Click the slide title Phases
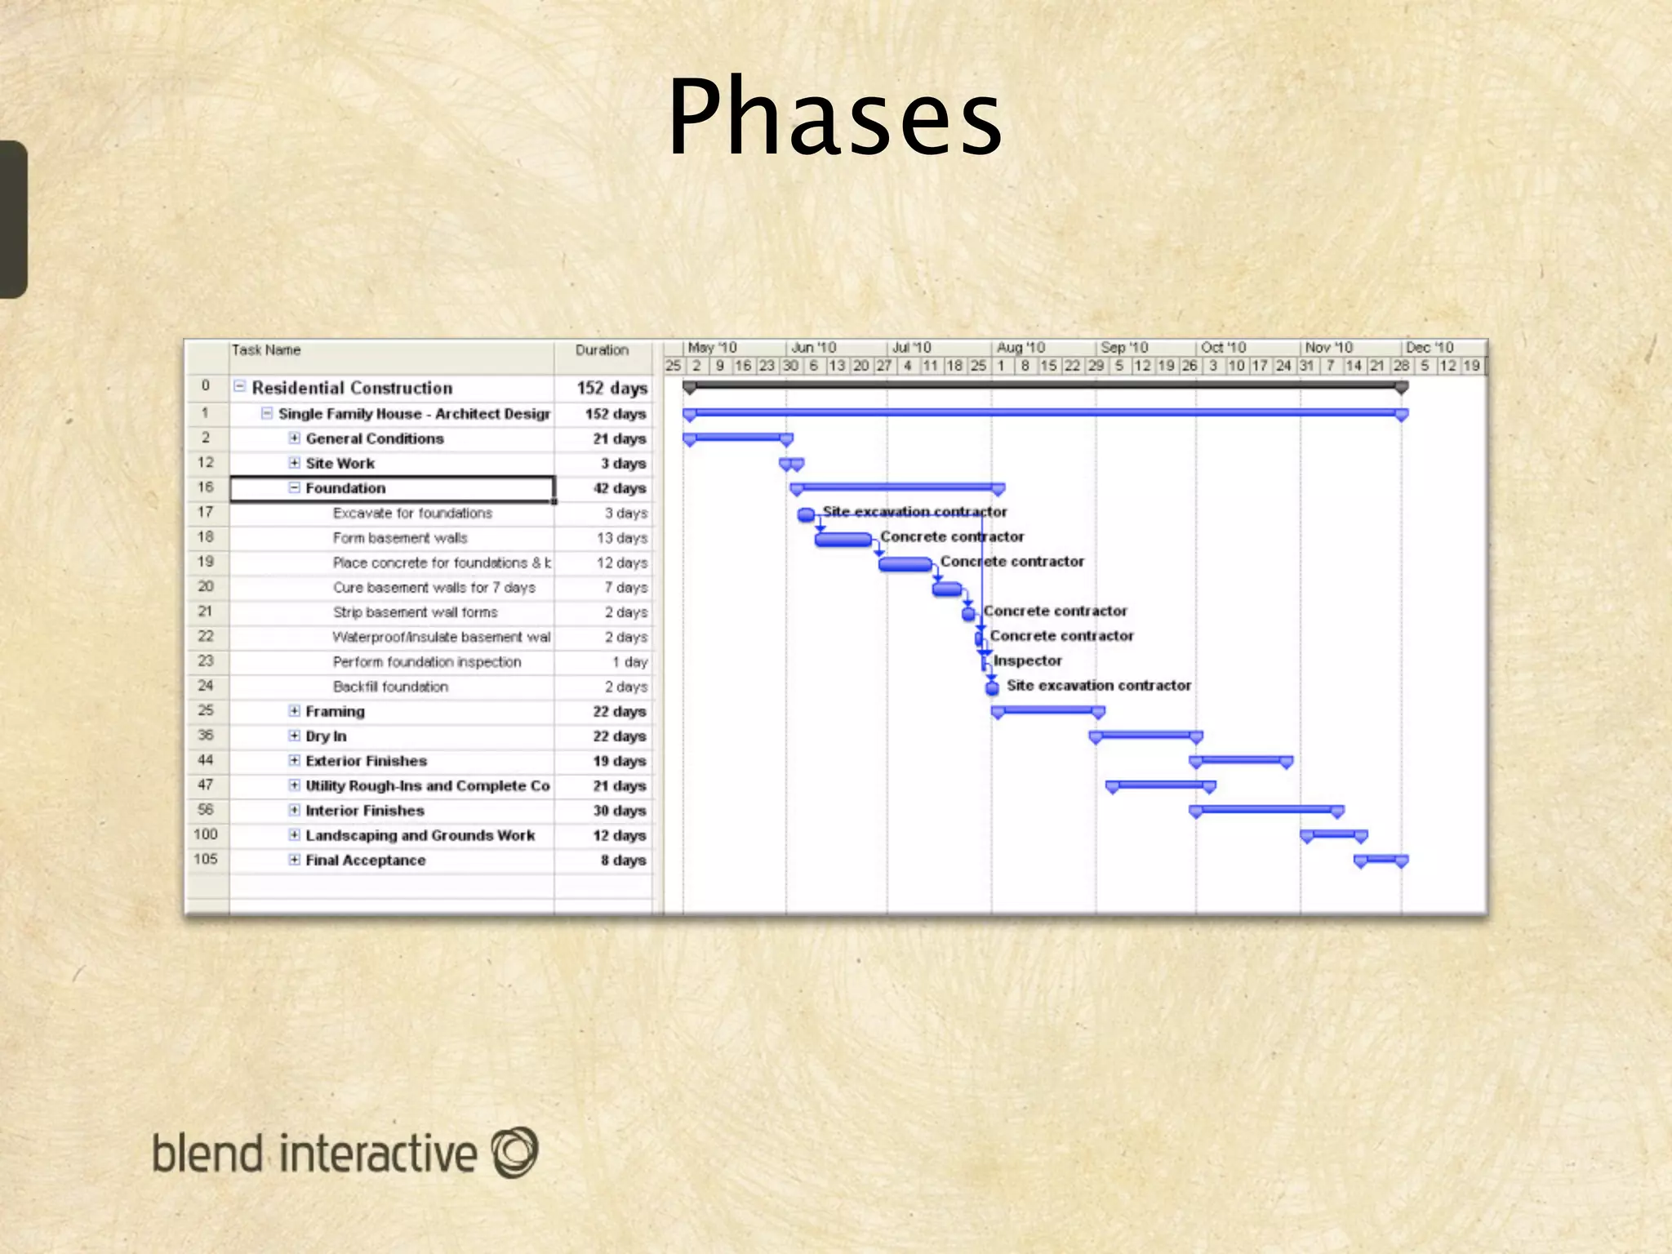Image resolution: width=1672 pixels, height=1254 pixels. [834, 117]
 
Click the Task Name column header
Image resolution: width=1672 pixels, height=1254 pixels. [266, 350]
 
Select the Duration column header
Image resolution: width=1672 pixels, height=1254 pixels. [602, 350]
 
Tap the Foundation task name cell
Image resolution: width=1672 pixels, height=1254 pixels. [345, 488]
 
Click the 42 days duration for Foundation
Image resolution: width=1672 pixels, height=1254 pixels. [619, 488]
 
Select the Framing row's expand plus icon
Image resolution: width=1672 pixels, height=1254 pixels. [294, 711]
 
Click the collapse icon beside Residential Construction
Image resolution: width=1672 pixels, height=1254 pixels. [240, 386]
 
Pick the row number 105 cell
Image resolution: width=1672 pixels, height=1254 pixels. [206, 859]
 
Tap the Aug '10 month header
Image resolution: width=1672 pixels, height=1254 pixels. [1021, 348]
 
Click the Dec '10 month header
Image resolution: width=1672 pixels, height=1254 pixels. [1430, 348]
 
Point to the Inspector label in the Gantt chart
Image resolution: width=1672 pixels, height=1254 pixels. [1027, 660]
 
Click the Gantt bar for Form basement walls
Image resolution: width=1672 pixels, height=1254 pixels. [843, 539]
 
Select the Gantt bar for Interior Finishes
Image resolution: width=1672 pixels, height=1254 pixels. [1266, 810]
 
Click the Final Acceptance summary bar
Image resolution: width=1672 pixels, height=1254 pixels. [1381, 859]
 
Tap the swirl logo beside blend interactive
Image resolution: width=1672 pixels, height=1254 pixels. [515, 1152]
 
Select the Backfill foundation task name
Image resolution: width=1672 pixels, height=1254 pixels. [390, 687]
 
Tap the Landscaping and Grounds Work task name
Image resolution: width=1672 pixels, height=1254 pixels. [420, 835]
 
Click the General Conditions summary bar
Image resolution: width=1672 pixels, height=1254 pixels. [737, 438]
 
